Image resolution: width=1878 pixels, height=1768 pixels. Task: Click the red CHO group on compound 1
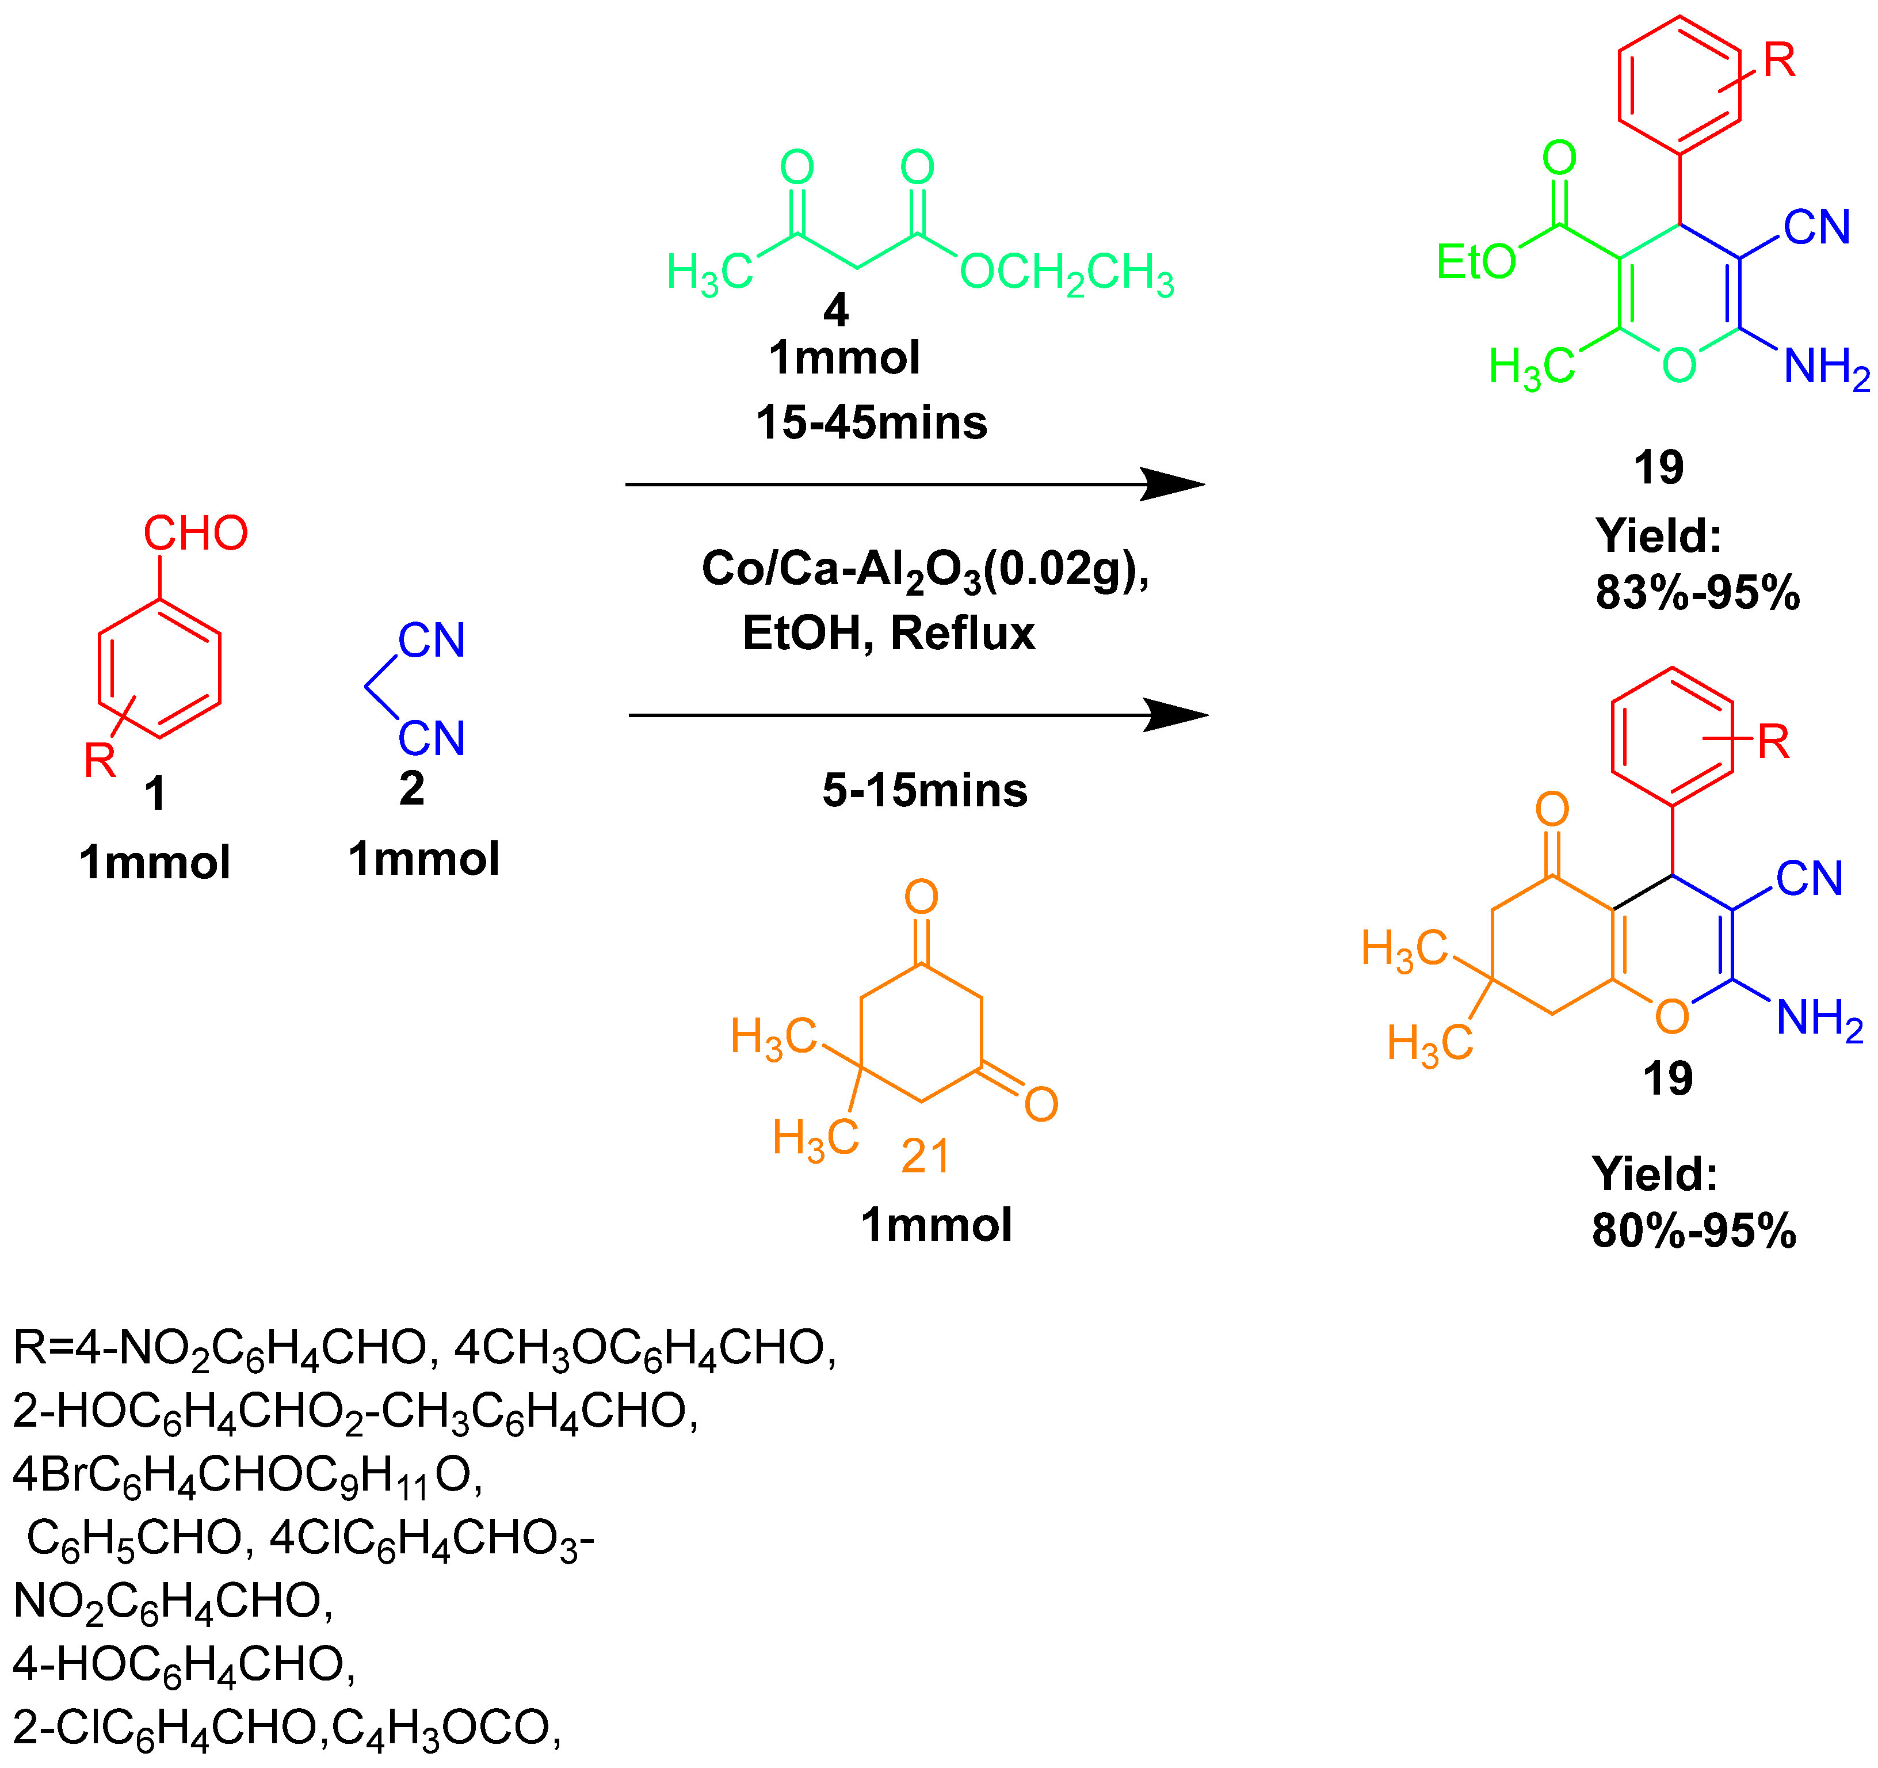tap(196, 534)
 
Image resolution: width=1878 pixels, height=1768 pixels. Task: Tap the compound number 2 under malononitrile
tap(412, 789)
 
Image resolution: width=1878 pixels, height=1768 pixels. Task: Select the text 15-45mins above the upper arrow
tap(871, 422)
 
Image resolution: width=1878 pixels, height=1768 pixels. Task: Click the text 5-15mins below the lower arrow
tap(925, 790)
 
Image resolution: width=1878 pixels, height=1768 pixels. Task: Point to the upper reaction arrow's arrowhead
tap(1176, 485)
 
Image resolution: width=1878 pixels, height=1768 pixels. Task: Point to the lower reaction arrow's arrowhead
tap(1179, 715)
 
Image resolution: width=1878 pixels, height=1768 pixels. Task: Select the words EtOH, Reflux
tap(888, 633)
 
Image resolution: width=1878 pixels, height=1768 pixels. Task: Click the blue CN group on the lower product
tap(1809, 879)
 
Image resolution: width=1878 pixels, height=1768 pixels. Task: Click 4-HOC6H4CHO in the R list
tap(184, 1664)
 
